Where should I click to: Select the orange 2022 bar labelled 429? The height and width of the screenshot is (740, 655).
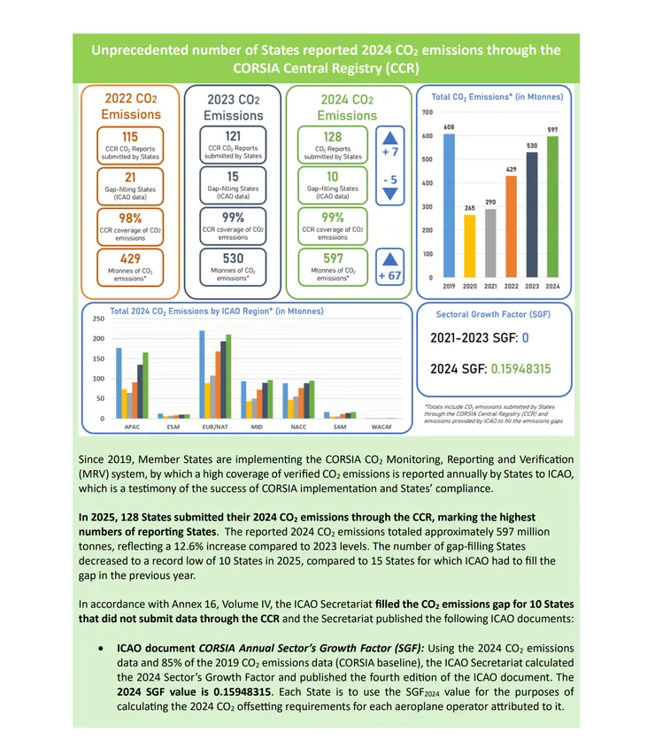pos(511,226)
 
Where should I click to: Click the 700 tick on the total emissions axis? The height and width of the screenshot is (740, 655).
pos(427,112)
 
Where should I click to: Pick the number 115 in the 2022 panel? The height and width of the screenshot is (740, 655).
pos(130,137)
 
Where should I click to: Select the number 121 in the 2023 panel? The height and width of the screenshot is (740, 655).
pos(234,137)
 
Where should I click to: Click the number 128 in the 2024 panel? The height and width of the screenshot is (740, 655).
pos(333,137)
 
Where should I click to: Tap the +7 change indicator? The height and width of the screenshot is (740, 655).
pos(389,152)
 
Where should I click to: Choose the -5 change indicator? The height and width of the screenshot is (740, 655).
pos(389,181)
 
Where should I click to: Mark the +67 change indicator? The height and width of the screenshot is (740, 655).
pos(389,275)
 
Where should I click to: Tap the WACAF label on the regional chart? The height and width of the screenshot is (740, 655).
pos(382,427)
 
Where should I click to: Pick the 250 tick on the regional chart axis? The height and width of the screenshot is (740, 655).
pos(98,319)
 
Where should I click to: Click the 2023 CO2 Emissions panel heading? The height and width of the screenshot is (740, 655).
pos(234,108)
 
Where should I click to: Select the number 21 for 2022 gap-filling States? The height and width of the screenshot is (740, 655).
pos(130,178)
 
